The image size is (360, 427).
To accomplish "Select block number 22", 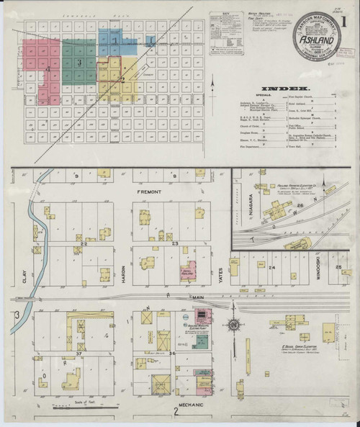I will [84, 245].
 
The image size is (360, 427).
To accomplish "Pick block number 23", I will [175, 245].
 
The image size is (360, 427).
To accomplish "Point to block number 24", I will [272, 268].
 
